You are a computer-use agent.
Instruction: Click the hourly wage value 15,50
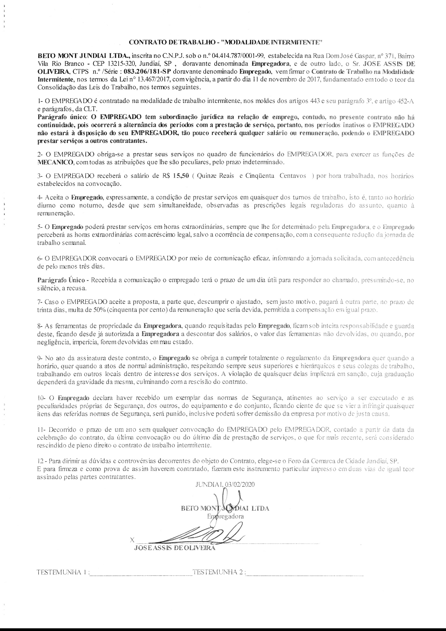[181, 176]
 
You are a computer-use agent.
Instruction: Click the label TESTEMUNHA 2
[218, 580]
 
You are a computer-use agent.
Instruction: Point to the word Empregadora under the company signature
[225, 516]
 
